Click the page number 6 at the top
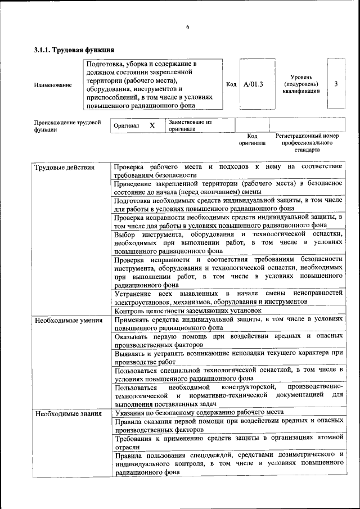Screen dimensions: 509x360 (x=188, y=28)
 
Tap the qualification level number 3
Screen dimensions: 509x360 (x=336, y=84)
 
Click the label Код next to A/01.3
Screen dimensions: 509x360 (x=231, y=84)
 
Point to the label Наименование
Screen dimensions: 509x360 (x=53, y=85)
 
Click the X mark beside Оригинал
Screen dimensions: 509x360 (x=152, y=125)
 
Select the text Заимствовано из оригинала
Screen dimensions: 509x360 (x=190, y=125)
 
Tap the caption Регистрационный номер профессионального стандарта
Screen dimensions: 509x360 (x=307, y=143)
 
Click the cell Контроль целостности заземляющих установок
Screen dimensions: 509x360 (x=188, y=310)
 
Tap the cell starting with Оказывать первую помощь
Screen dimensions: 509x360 (x=228, y=340)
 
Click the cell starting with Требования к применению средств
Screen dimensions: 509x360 (x=228, y=442)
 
